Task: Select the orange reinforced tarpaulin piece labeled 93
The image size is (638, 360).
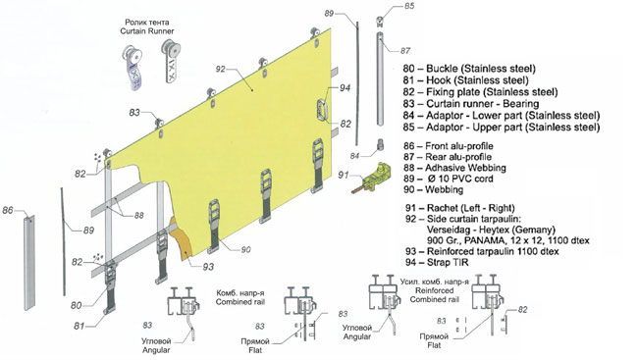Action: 181,240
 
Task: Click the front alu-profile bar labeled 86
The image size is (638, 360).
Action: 29,262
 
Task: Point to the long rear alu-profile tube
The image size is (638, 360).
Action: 380,78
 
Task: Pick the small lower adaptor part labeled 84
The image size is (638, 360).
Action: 381,145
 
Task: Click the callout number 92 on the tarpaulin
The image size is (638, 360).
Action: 220,69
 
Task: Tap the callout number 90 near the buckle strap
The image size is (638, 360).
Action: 245,249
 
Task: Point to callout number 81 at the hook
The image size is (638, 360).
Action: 79,326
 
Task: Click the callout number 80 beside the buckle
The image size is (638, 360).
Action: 77,305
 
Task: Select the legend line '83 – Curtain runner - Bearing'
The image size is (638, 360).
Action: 471,104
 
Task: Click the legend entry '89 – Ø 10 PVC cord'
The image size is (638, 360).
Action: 448,179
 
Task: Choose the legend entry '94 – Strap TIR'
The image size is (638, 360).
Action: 437,262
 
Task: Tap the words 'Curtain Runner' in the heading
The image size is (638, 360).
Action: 147,31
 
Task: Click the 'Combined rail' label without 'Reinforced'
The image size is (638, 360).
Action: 240,302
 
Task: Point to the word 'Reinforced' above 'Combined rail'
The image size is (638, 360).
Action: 434,290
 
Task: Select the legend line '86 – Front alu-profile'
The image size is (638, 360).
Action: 448,146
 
